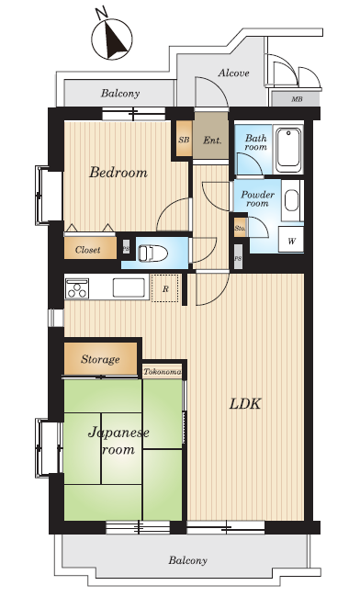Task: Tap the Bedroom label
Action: coord(118,172)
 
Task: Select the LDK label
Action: coord(245,404)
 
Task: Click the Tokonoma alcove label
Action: coord(163,372)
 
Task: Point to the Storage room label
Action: coord(100,359)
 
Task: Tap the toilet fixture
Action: coord(152,253)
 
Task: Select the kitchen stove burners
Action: coord(77,289)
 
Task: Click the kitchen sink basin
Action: coord(129,287)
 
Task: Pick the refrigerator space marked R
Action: coord(165,288)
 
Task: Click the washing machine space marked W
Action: coord(291,240)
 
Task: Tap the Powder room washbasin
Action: coord(292,200)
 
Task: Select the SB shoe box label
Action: coord(185,140)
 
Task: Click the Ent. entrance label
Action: coord(212,141)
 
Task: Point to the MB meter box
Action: coord(297,99)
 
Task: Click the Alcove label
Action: coord(233,73)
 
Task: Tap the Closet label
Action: coord(88,250)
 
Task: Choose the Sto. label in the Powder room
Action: coord(240,229)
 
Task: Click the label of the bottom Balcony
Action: coord(187,560)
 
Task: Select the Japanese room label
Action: coord(118,441)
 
